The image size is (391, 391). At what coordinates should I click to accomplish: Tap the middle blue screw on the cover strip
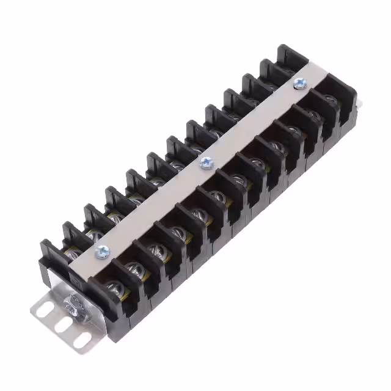[206, 162]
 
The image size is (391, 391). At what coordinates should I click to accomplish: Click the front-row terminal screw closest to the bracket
[112, 287]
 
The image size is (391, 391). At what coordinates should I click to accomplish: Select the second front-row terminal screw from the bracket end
[134, 268]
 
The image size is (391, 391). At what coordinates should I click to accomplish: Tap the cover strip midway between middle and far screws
[253, 122]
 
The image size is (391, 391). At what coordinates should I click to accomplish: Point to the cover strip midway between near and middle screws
[155, 205]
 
